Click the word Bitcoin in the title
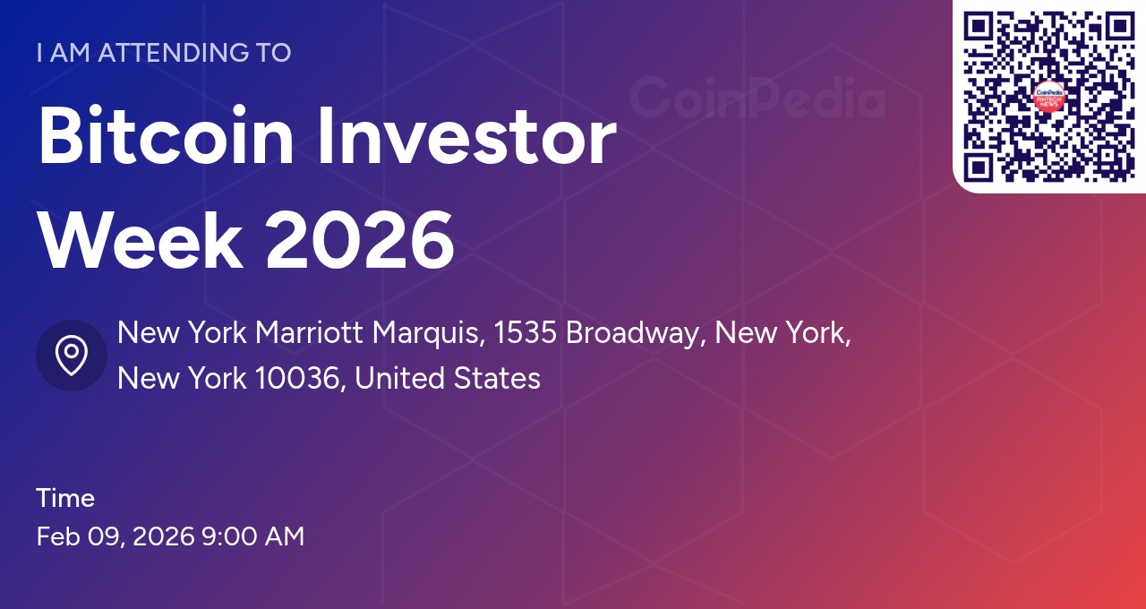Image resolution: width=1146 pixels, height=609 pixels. pyautogui.click(x=166, y=138)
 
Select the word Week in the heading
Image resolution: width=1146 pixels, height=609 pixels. pyautogui.click(x=139, y=240)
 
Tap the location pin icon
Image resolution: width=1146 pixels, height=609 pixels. pyautogui.click(x=72, y=356)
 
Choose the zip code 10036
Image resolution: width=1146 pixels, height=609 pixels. pyautogui.click(x=299, y=379)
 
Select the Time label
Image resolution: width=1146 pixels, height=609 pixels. pyautogui.click(x=65, y=498)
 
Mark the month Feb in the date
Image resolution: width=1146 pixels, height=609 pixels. pyautogui.click(x=58, y=536)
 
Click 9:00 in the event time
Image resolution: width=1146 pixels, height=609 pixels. pyautogui.click(x=228, y=536)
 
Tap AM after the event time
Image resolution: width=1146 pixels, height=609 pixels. pyautogui.click(x=285, y=536)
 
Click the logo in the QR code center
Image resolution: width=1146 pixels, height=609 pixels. pyautogui.click(x=1048, y=98)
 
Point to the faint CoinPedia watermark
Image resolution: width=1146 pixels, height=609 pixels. pyautogui.click(x=757, y=99)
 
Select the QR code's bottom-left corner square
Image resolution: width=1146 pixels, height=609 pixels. pyautogui.click(x=978, y=167)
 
